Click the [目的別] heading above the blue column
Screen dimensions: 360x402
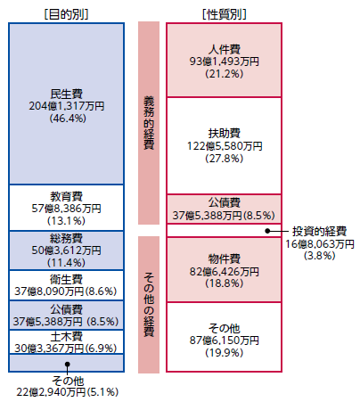pyautogui.click(x=67, y=14)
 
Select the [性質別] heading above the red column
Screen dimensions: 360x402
pyautogui.click(x=225, y=14)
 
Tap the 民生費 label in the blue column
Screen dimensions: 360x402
pyautogui.click(x=67, y=94)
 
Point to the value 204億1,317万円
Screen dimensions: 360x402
pyautogui.click(x=67, y=106)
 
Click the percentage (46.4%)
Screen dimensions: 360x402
pyautogui.click(x=68, y=119)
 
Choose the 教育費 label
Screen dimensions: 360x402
pyautogui.click(x=67, y=196)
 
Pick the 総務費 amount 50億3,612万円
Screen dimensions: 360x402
pyautogui.click(x=67, y=250)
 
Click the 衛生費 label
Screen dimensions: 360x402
pyautogui.click(x=67, y=279)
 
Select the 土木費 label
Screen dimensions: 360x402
pyautogui.click(x=67, y=337)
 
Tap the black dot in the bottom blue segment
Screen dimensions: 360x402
pyautogui.click(x=68, y=364)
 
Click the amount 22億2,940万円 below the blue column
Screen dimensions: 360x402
pyautogui.click(x=51, y=392)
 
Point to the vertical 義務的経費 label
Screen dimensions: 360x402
pyautogui.click(x=149, y=123)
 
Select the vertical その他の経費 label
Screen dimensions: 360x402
pyautogui.click(x=149, y=305)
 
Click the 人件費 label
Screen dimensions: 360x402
pyautogui.click(x=225, y=49)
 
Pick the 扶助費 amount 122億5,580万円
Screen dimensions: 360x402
pyautogui.click(x=225, y=146)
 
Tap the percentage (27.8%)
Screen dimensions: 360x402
pyautogui.click(x=225, y=159)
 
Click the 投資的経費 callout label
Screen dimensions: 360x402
pyautogui.click(x=320, y=231)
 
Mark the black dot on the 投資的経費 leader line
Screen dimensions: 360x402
pyautogui.click(x=267, y=231)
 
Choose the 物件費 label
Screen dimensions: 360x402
pyautogui.click(x=225, y=258)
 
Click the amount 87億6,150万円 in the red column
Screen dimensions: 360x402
pyautogui.click(x=225, y=340)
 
